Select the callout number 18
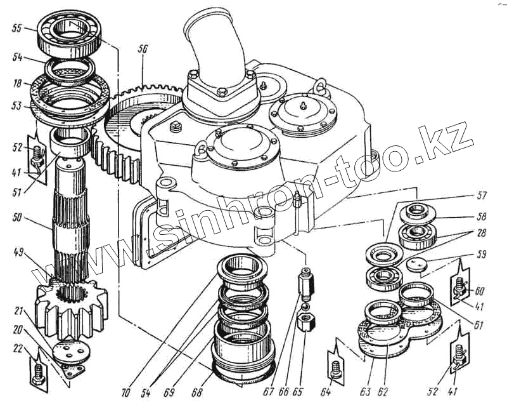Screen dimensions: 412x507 (16, 83)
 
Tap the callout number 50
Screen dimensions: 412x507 (17, 217)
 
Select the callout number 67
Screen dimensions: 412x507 (269, 392)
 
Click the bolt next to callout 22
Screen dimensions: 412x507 (38, 371)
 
